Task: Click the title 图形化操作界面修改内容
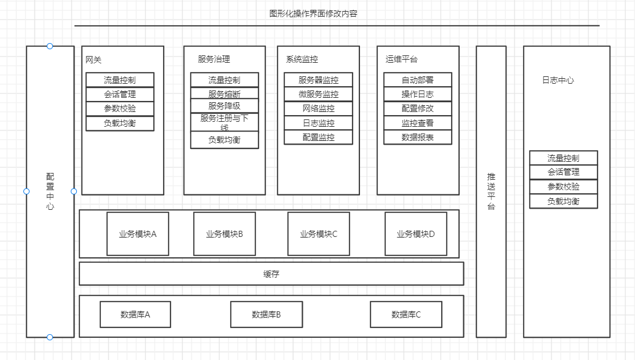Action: point(313,13)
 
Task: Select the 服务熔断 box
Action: point(225,94)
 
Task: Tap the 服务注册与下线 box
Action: point(225,122)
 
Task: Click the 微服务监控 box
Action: point(318,94)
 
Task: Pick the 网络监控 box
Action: point(318,108)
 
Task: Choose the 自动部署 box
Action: point(418,80)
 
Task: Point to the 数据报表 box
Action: point(418,137)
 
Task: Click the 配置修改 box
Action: point(418,108)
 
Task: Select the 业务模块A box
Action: point(138,234)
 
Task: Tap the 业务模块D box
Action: point(416,234)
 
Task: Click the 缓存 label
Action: point(271,274)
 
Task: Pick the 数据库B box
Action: point(266,314)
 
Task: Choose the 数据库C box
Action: point(406,314)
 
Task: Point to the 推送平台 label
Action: point(491,191)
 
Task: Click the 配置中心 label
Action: point(50,191)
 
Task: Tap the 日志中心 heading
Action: point(558,80)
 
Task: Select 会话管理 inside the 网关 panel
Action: point(120,94)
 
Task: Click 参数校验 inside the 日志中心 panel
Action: point(564,186)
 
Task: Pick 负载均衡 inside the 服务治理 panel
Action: point(225,140)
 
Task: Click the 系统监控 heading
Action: point(302,60)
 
